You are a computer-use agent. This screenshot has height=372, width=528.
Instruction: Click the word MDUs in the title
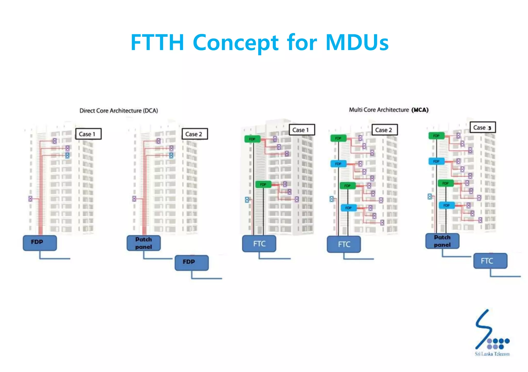coord(357,43)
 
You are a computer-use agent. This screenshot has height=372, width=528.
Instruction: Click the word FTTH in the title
coord(157,43)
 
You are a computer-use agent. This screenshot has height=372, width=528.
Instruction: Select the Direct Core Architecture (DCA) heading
coord(119,111)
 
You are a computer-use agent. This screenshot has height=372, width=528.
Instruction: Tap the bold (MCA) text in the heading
coord(420,110)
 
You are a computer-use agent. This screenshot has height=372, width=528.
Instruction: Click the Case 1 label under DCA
coord(88,134)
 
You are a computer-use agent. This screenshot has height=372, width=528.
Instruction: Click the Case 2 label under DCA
coord(195,134)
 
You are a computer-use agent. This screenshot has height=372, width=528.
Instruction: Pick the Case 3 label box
coord(483,128)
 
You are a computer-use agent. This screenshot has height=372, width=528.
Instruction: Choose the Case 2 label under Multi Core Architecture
coord(384,130)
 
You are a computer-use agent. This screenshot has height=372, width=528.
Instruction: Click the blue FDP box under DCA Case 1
coord(40,243)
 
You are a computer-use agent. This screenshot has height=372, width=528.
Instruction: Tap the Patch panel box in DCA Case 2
coord(144,243)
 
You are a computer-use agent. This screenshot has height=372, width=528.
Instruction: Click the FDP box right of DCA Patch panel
coord(192,263)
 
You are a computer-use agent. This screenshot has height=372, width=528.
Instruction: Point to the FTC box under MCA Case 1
coord(259,244)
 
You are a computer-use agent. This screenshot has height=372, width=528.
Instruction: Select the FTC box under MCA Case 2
coord(344,244)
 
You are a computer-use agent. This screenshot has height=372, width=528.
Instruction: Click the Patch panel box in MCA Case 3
coord(442,241)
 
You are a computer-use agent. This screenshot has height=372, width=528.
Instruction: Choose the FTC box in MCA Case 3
coord(490,261)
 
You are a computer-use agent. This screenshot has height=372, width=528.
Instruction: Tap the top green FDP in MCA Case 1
coord(252,139)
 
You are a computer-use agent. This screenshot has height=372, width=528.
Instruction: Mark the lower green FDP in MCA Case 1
coord(263,184)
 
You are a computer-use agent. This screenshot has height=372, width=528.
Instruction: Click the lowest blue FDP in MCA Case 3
coord(447,205)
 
